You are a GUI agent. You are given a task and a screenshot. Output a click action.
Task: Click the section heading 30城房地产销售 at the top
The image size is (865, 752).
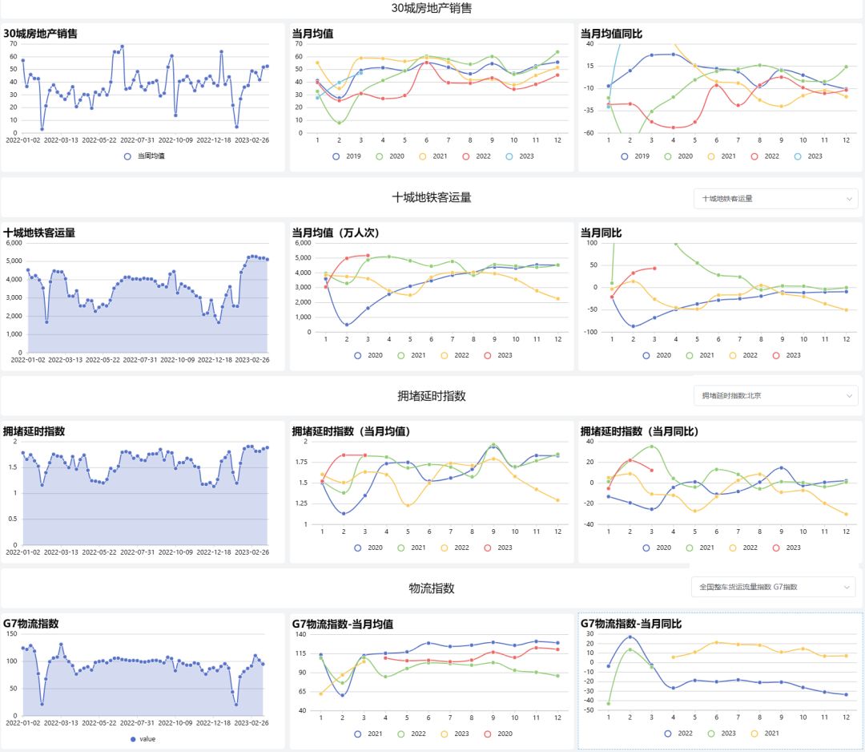tap(432, 8)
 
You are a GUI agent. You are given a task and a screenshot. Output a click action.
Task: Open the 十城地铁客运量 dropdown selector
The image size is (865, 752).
tap(775, 198)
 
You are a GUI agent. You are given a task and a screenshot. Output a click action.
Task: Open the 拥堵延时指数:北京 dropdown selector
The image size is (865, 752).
tap(775, 395)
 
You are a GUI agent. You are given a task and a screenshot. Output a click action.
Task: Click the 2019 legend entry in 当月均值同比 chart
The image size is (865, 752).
tap(634, 156)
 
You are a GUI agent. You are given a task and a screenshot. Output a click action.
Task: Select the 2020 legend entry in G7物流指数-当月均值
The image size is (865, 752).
tap(497, 734)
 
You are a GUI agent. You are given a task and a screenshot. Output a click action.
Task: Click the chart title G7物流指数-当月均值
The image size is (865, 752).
tap(342, 623)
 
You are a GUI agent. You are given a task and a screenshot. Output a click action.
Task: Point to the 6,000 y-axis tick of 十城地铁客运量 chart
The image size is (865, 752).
tap(14, 243)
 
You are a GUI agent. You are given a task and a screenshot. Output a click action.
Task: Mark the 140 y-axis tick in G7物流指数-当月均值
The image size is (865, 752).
tap(302, 634)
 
